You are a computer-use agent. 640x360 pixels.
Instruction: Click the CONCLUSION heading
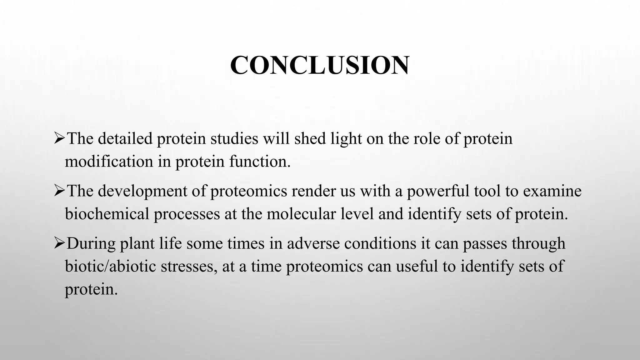pos(319,65)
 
